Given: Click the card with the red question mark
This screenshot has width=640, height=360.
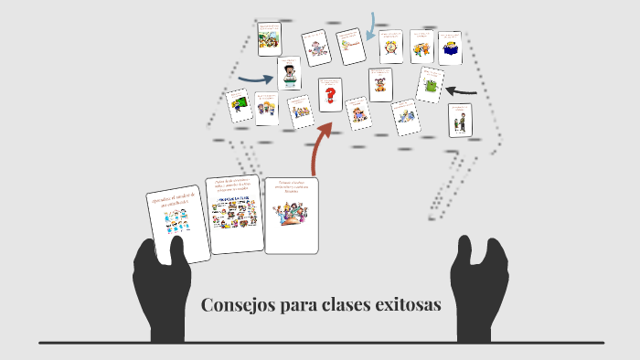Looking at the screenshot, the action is click(x=329, y=93).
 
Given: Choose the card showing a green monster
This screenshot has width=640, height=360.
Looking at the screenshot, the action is click(x=430, y=86).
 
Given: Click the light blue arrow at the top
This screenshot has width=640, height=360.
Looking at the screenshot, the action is click(x=372, y=27).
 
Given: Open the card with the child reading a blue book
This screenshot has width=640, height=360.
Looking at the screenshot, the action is click(x=449, y=47).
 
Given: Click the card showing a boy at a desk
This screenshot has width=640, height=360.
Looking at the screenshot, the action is click(x=289, y=73).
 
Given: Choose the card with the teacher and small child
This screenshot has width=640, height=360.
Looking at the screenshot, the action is click(x=460, y=121).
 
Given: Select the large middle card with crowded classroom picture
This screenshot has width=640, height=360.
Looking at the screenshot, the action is click(x=235, y=215).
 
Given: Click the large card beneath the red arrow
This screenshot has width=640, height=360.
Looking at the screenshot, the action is click(x=292, y=214).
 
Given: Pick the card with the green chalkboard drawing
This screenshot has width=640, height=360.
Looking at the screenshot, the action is click(x=241, y=106).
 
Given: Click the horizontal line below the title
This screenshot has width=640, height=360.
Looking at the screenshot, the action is click(x=320, y=343).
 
